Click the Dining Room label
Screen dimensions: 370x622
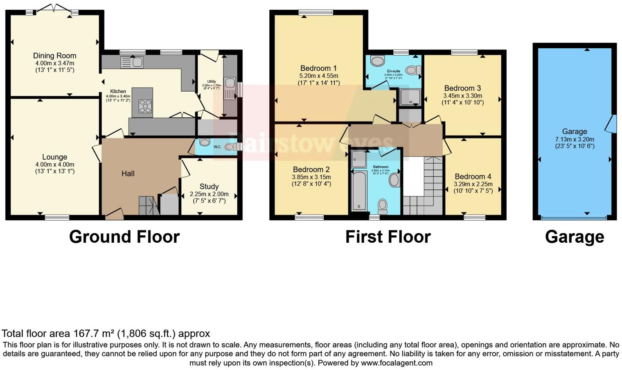click(54, 56)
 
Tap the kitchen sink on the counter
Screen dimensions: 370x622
click(132, 62)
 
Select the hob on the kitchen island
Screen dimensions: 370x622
click(145, 106)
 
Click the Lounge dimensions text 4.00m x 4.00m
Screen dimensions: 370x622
click(54, 165)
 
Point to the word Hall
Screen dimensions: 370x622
click(128, 174)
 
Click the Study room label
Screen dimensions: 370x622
click(209, 186)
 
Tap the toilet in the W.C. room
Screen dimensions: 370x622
click(230, 147)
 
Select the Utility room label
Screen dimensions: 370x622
click(211, 81)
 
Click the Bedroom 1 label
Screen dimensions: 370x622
click(318, 68)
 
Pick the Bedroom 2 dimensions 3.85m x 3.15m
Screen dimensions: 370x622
click(311, 177)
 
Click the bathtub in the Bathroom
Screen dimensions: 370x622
click(359, 190)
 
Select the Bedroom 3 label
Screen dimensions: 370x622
click(462, 88)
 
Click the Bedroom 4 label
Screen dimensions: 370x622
click(473, 176)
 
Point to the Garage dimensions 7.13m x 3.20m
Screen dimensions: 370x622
click(575, 139)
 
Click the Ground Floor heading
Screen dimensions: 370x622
click(124, 237)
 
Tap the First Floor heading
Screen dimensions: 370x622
click(388, 237)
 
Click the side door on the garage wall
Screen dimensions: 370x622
click(612, 124)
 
